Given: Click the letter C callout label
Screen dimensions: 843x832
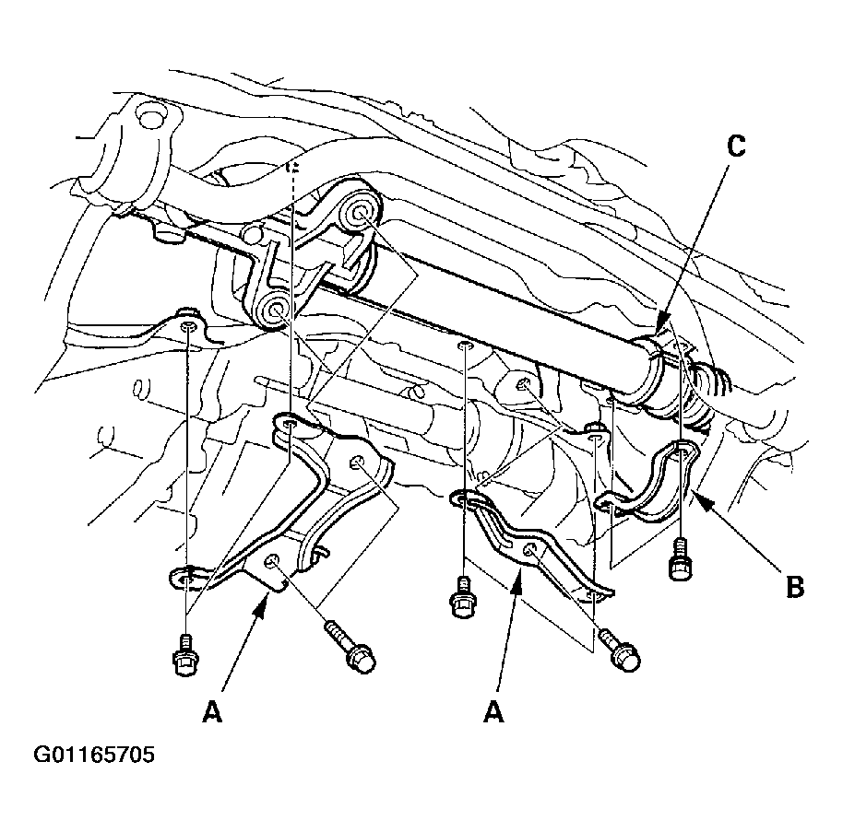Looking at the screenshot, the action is point(736,146).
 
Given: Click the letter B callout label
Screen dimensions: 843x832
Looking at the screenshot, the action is point(795,587).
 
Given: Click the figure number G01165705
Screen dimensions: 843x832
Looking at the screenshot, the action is point(94,755).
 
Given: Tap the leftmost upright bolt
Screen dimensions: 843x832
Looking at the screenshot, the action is point(185,654).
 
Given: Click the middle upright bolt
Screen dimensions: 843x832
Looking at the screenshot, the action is point(463,597).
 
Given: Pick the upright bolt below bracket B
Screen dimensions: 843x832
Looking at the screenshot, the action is point(682,560).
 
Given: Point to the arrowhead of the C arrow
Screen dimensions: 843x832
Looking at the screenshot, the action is point(663,322).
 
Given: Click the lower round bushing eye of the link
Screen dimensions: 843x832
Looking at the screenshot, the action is point(275,310).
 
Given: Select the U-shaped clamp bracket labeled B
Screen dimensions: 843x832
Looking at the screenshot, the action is point(650,484).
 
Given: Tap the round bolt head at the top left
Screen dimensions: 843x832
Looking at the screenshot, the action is point(151,115).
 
